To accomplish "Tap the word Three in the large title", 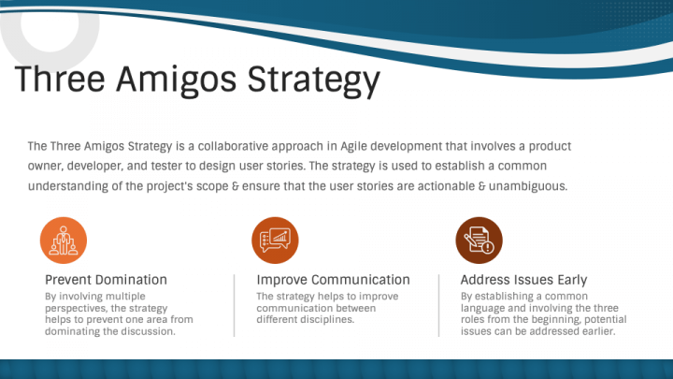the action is click(x=60, y=79).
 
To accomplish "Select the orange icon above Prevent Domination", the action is click(x=64, y=241).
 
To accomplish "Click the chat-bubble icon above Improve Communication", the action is click(x=275, y=241).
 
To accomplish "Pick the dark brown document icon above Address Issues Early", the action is click(x=479, y=241).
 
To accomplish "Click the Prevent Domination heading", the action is click(x=106, y=280).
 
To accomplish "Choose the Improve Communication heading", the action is click(x=333, y=280).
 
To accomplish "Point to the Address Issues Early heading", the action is click(x=523, y=280).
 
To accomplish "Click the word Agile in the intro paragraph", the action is click(x=354, y=147).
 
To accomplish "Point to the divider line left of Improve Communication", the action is click(x=235, y=305).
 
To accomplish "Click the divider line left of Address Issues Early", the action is click(x=438, y=305).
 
